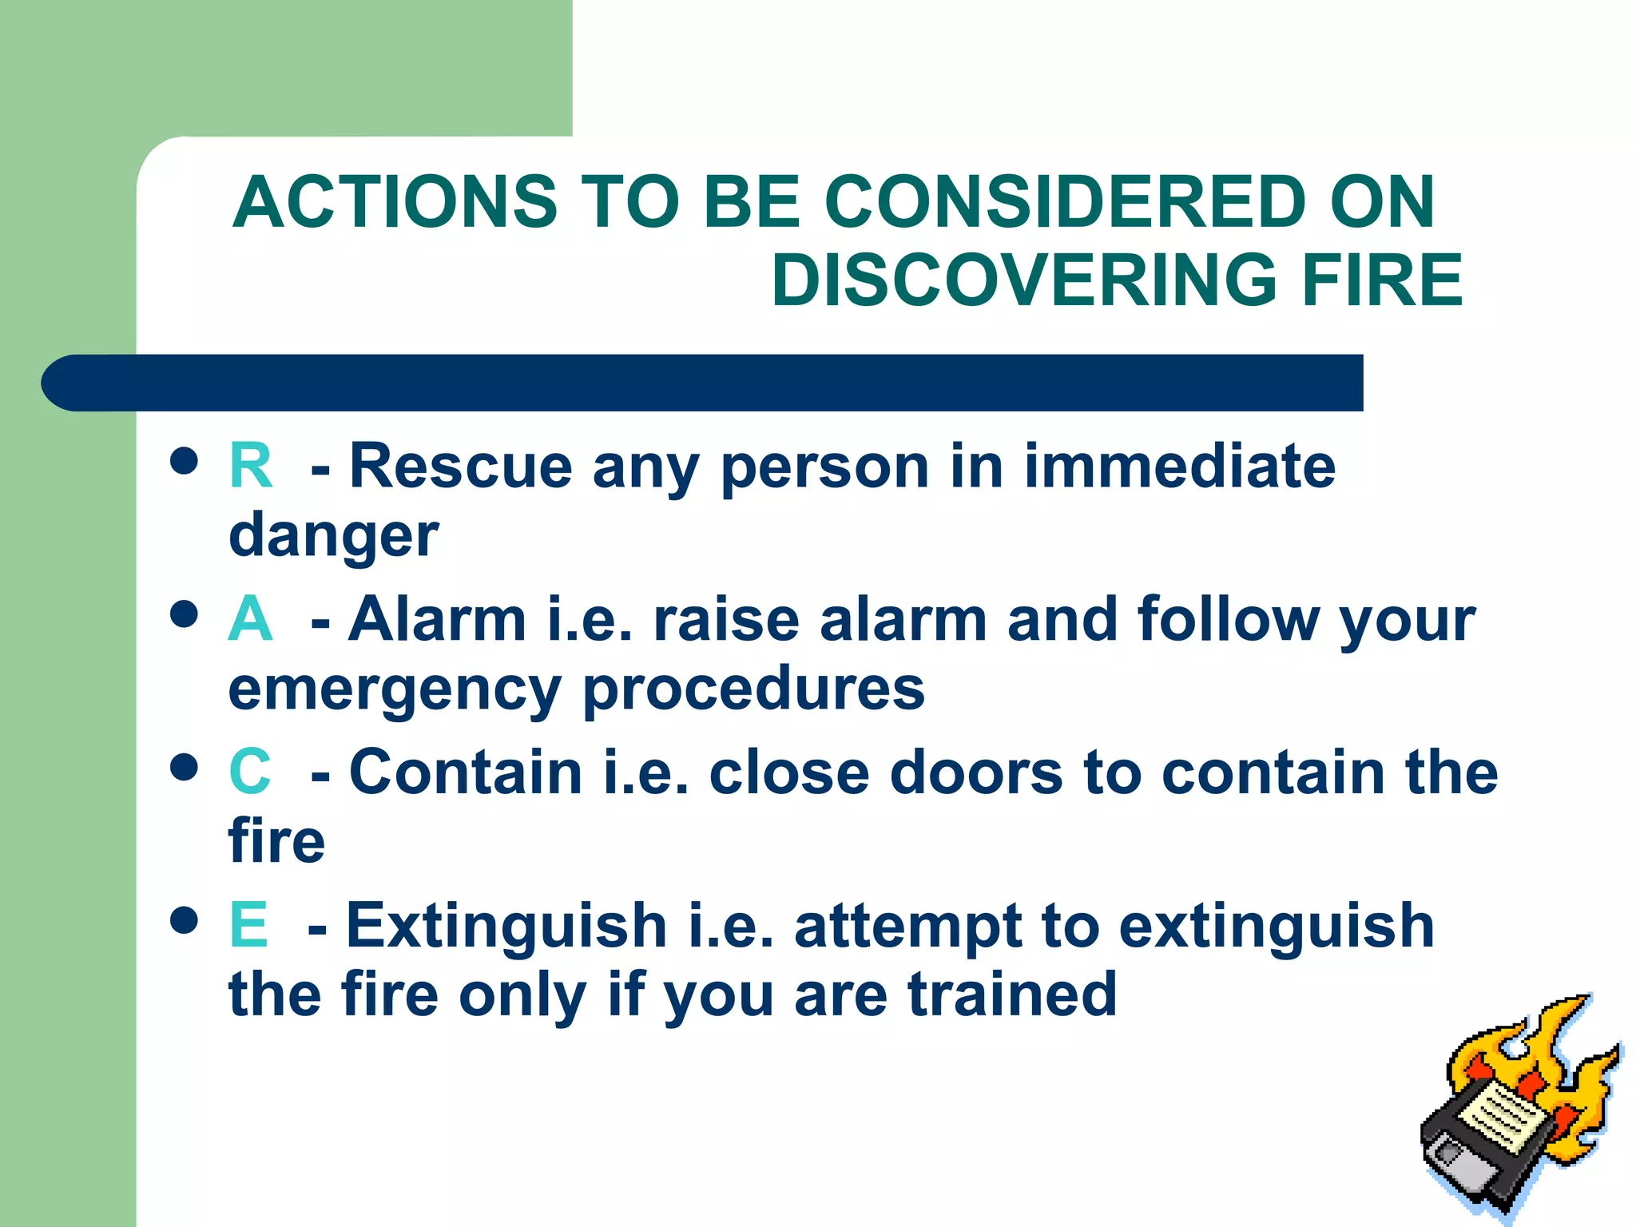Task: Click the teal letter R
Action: click(250, 466)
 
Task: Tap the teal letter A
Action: click(250, 619)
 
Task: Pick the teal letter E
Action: click(248, 925)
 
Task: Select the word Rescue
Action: click(461, 466)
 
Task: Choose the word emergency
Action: click(395, 689)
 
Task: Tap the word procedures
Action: click(753, 689)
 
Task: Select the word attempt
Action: click(907, 927)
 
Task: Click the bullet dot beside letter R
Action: click(185, 461)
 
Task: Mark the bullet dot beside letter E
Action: click(185, 919)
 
